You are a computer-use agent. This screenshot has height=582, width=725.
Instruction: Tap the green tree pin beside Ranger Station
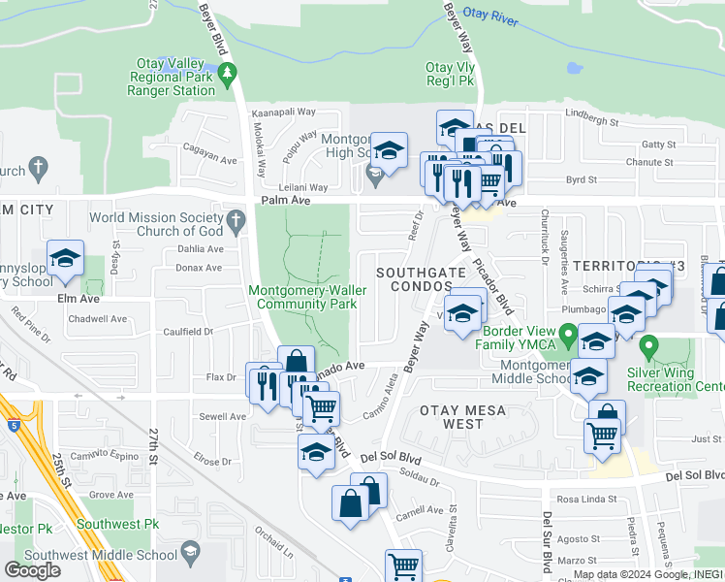(227, 73)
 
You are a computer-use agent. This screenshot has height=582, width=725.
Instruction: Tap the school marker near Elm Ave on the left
(66, 259)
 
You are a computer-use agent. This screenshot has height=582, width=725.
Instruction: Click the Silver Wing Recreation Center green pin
(649, 345)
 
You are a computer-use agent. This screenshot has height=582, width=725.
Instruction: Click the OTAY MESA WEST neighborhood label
(463, 417)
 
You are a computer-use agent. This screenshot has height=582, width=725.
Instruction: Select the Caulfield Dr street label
(189, 331)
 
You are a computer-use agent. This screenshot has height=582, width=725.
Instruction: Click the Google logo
(32, 570)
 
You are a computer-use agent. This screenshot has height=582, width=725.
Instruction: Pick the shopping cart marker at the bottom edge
(403, 566)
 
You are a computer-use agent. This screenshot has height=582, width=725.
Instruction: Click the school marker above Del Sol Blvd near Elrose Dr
(316, 452)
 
